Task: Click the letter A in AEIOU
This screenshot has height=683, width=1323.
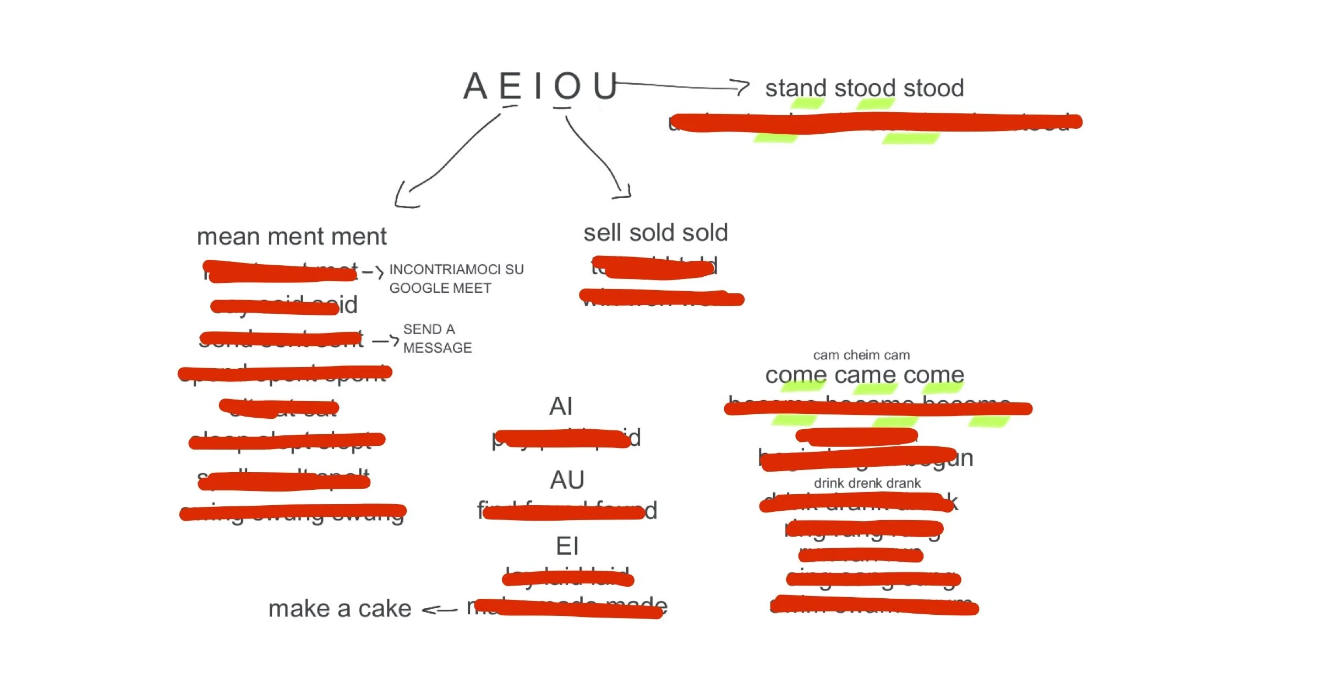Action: point(475,86)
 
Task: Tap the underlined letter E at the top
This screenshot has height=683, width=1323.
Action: point(510,86)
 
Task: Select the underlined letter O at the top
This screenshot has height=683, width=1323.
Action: point(567,86)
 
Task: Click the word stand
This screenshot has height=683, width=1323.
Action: point(796,88)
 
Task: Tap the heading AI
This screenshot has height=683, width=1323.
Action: point(561,406)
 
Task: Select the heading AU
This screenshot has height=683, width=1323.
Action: point(567,480)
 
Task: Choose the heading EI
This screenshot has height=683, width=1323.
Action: point(567,546)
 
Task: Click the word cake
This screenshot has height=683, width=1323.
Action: point(385,609)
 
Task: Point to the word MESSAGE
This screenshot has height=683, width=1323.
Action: point(438,348)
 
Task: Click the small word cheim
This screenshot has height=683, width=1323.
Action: point(862,355)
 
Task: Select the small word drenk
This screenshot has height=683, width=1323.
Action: point(867,483)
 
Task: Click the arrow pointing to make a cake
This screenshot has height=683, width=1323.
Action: point(439,610)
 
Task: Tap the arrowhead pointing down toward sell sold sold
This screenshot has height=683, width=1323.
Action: point(624,193)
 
